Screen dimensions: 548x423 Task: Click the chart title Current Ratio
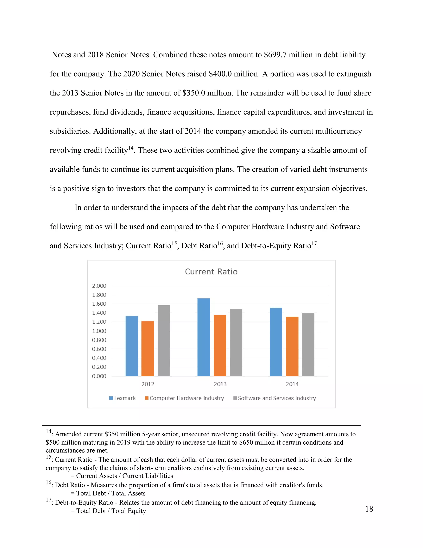(211, 272)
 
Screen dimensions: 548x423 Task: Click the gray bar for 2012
(164, 341)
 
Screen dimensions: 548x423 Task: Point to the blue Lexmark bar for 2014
(276, 342)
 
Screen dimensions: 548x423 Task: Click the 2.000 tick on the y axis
(99, 286)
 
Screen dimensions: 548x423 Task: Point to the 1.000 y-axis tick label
(99, 331)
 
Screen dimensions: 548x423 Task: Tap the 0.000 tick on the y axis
(99, 376)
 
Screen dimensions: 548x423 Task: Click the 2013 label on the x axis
(220, 384)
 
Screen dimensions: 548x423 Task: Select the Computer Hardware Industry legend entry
(184, 398)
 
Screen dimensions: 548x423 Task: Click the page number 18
(369, 509)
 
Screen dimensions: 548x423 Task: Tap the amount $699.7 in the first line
(275, 55)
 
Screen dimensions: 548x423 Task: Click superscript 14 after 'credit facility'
(131, 148)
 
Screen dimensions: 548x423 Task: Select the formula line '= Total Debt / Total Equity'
(108, 511)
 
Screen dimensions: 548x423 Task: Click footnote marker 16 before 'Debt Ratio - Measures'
(48, 482)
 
